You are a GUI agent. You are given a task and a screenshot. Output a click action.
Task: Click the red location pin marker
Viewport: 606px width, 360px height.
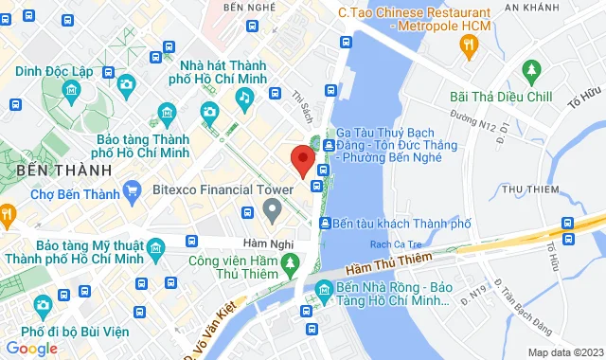tap(302, 159)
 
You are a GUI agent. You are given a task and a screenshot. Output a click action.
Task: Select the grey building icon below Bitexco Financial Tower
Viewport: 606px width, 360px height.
tap(273, 208)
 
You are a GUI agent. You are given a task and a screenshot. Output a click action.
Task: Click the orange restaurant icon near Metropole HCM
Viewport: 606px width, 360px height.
tap(469, 44)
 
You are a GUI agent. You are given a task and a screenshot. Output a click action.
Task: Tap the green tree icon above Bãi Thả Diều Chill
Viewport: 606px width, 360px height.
tap(530, 70)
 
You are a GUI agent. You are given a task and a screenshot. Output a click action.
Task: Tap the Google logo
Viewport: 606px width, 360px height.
tap(31, 348)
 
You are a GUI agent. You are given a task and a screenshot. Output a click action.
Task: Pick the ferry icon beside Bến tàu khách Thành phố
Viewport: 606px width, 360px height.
tap(326, 224)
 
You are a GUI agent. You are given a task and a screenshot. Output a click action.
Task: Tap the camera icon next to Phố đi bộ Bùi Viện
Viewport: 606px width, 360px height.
tap(43, 305)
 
